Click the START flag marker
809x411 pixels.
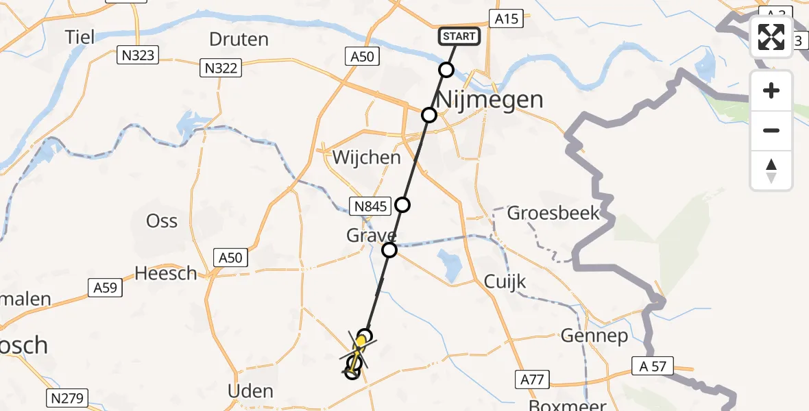[x=459, y=36]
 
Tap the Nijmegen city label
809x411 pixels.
[x=490, y=100]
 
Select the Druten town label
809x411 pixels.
[x=239, y=39]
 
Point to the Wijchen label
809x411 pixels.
[x=366, y=158]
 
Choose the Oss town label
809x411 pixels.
[x=162, y=221]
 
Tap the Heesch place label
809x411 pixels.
[x=165, y=273]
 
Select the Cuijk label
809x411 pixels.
[x=505, y=282]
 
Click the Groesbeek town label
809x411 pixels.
[x=553, y=213]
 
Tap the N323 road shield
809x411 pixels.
[x=137, y=56]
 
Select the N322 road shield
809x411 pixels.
[x=221, y=67]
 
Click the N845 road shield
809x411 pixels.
[x=370, y=206]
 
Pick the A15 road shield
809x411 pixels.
[x=506, y=19]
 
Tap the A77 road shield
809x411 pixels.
[x=532, y=378]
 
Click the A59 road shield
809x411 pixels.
[x=105, y=288]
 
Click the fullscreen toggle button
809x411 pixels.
[x=771, y=37]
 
